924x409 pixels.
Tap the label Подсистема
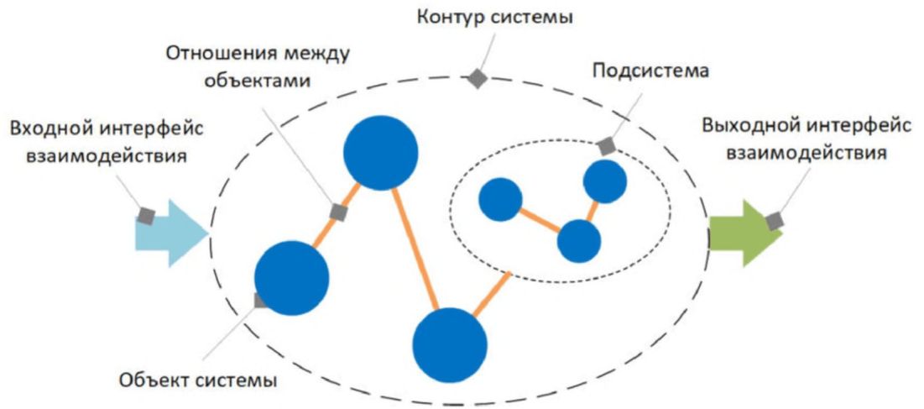pyautogui.click(x=650, y=70)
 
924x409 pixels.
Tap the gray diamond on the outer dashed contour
pyautogui.click(x=477, y=78)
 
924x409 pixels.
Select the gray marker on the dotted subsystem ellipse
pyautogui.click(x=606, y=146)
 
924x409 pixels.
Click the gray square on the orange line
pyautogui.click(x=338, y=212)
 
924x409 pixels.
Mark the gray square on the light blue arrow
pyautogui.click(x=146, y=216)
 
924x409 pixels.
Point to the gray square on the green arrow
pyautogui.click(x=774, y=221)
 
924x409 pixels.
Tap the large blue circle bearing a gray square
pyautogui.click(x=291, y=277)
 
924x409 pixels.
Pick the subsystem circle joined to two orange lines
pyautogui.click(x=579, y=241)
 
